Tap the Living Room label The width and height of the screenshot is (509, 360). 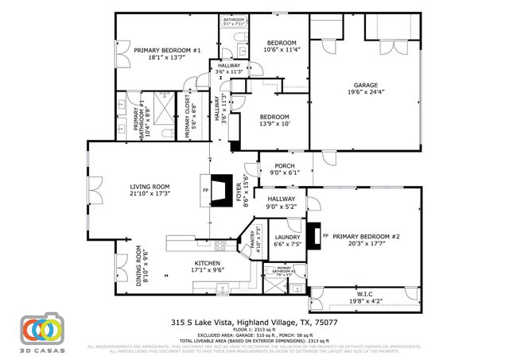pos(150,187)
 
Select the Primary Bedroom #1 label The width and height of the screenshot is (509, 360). pos(166,50)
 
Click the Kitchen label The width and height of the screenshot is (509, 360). pos(207,262)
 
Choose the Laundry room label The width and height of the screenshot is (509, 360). pos(286,238)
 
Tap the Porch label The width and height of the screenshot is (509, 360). pos(284,166)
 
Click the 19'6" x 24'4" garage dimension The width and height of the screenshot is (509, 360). pos(365,92)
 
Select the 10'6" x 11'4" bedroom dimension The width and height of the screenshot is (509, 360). pos(282,49)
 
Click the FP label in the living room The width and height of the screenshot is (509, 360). pos(206,191)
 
